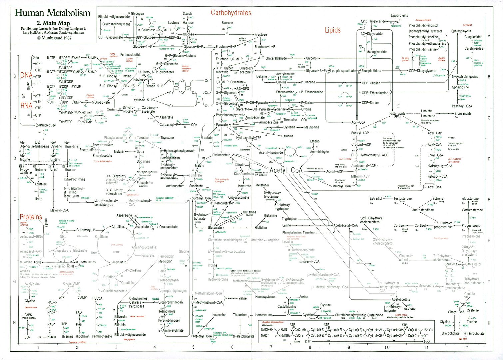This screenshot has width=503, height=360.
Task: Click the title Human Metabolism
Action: pyautogui.click(x=53, y=13)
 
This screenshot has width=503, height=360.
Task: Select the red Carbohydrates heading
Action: pyautogui.click(x=231, y=13)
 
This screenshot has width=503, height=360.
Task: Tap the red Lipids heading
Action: pyautogui.click(x=333, y=30)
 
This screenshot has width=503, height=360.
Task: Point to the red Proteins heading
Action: pyautogui.click(x=31, y=217)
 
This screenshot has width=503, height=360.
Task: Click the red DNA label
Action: pyautogui.click(x=26, y=75)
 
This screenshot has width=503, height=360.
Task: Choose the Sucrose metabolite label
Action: pyautogui.click(x=227, y=23)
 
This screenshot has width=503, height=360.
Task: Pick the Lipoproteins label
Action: pyautogui.click(x=399, y=15)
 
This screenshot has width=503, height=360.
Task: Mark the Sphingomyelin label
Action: pyautogui.click(x=461, y=31)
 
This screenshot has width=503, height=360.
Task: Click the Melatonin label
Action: pyautogui.click(x=262, y=185)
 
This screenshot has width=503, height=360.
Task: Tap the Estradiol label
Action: pyautogui.click(x=376, y=199)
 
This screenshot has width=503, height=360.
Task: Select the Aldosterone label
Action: pyautogui.click(x=470, y=199)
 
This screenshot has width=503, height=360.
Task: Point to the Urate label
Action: pyautogui.click(x=39, y=199)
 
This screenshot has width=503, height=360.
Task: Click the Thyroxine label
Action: pyautogui.click(x=167, y=138)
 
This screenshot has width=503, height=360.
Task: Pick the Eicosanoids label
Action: pyautogui.click(x=463, y=114)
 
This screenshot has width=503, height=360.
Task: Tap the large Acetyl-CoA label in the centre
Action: pyautogui.click(x=286, y=171)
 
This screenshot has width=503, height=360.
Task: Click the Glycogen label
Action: pyautogui.click(x=137, y=14)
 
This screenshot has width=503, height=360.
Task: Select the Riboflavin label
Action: pyautogui.click(x=78, y=336)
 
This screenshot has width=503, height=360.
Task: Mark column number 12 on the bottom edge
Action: pyautogui.click(x=465, y=348)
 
